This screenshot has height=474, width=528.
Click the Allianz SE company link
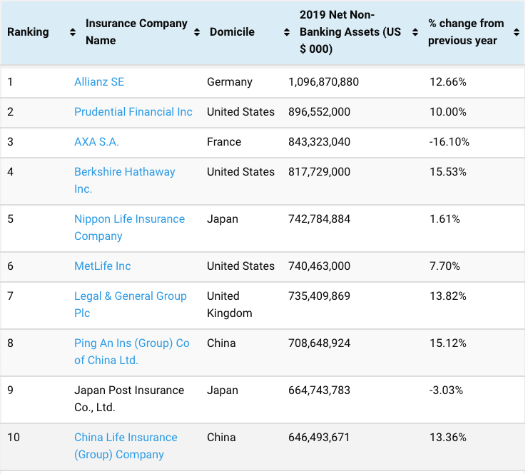pos(99,82)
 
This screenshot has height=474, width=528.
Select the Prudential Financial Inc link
pos(133,112)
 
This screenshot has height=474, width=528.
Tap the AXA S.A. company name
pos(96,142)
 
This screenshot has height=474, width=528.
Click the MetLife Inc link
pos(103,266)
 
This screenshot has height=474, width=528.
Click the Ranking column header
pos(28,32)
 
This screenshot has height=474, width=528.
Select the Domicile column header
pos(232,32)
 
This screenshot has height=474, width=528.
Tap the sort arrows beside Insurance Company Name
pos(197,32)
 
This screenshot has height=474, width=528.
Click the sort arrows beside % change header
pos(517,32)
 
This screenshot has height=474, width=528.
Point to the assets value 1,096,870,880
pos(323,82)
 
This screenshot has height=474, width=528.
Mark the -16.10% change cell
pos(450,142)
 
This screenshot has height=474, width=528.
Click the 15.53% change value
pos(448,172)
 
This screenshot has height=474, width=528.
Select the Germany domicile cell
pos(230,82)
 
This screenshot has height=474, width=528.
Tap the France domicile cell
pos(224,142)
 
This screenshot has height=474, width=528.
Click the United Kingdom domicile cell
pos(229,304)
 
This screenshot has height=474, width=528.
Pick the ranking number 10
pos(14,438)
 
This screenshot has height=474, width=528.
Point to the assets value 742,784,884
pos(319,219)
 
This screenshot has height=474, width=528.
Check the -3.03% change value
pos(447,390)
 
